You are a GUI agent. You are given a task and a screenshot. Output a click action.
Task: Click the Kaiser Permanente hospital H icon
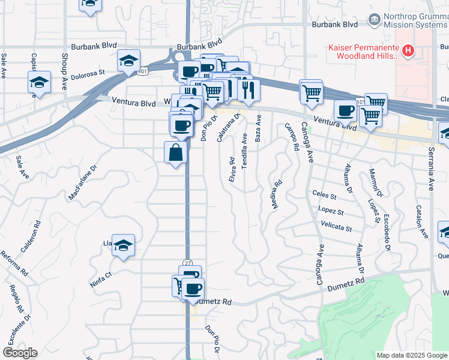(x=408, y=50)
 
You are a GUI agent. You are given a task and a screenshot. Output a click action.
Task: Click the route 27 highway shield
(x=188, y=263)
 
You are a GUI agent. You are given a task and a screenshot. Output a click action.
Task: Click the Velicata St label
(x=336, y=228)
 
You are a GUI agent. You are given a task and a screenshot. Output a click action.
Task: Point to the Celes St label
(x=324, y=193)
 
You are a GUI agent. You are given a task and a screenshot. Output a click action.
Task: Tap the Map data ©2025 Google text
(x=411, y=355)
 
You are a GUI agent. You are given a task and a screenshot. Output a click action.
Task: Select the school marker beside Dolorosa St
(x=128, y=61)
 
